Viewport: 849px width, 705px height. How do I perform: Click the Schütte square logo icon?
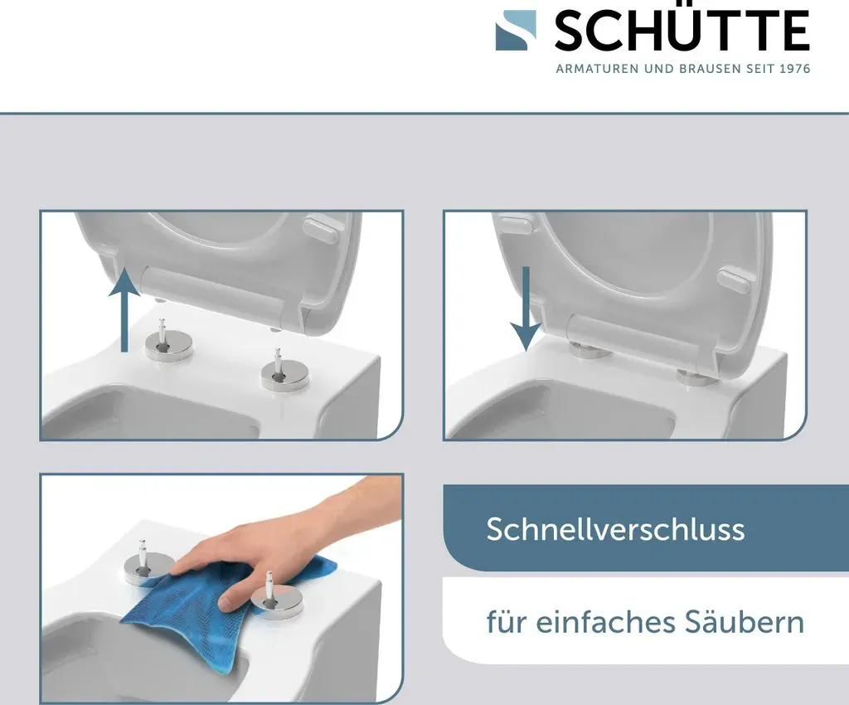point(516,31)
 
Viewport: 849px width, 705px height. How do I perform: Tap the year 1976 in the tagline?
point(795,69)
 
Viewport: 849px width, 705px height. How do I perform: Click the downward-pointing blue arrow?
point(525,309)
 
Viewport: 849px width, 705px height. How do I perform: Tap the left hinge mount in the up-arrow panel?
point(169,343)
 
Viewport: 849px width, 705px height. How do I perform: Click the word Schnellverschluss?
point(615,529)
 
